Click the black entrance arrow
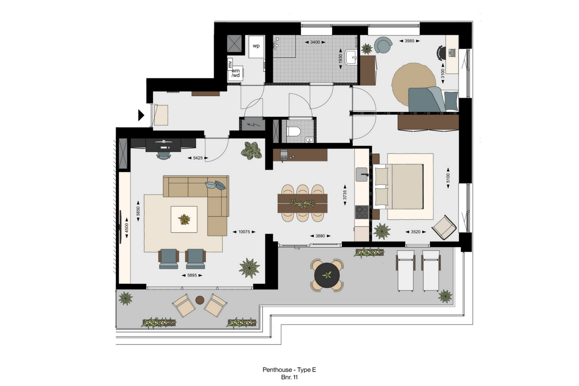tap(141, 115)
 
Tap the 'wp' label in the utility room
tap(256, 46)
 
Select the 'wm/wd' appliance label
tap(236, 73)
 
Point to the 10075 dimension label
tap(244, 232)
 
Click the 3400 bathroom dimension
tap(315, 42)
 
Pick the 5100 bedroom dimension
tap(448, 178)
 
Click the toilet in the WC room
tap(294, 131)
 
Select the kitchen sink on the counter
tap(362, 175)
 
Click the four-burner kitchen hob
tap(361, 212)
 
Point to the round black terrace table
tap(327, 275)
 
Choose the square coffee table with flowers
tap(184, 219)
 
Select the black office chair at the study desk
tap(441, 53)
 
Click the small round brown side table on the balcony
tap(200, 300)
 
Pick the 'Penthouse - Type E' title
tap(289, 370)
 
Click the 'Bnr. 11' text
tap(289, 378)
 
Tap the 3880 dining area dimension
tap(320, 236)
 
